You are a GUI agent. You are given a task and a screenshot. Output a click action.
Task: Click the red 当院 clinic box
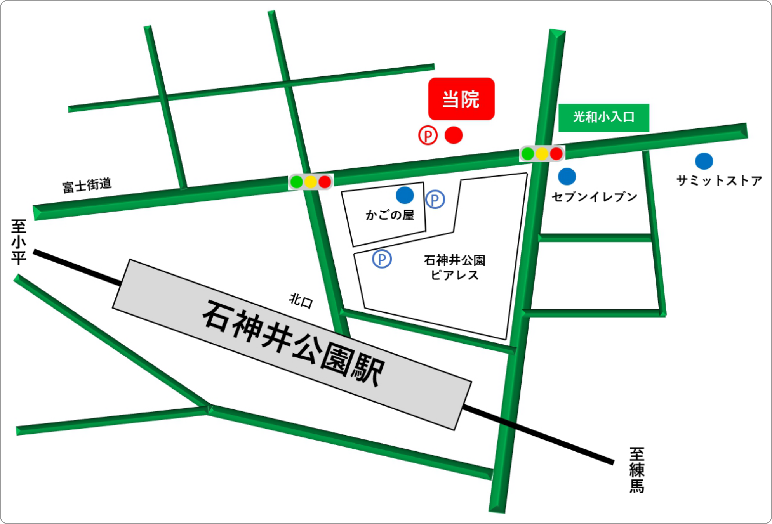pyautogui.click(x=461, y=99)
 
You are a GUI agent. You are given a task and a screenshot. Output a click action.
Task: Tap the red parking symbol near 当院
pyautogui.click(x=428, y=135)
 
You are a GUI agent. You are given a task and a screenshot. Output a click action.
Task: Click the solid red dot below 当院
pyautogui.click(x=453, y=135)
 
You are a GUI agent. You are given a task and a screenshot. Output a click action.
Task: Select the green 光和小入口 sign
pyautogui.click(x=603, y=117)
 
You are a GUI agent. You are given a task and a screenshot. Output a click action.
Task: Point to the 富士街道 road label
pyautogui.click(x=87, y=185)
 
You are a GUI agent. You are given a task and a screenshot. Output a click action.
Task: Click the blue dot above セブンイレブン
pyautogui.click(x=567, y=177)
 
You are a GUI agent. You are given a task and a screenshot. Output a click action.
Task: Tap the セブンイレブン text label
pyautogui.click(x=595, y=197)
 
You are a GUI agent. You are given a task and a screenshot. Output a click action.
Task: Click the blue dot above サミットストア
pyautogui.click(x=704, y=161)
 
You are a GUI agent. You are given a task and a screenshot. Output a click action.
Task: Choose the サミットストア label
pyautogui.click(x=719, y=180)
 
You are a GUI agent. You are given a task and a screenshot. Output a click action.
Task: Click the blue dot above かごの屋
pyautogui.click(x=405, y=195)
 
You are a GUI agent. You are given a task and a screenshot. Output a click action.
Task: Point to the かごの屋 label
pyautogui.click(x=390, y=215)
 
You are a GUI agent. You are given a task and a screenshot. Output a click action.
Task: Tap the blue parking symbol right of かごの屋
pyautogui.click(x=435, y=200)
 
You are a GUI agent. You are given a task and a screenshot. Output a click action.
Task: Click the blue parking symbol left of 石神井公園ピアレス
pyautogui.click(x=382, y=259)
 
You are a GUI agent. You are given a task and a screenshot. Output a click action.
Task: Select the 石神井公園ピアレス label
pyautogui.click(x=454, y=267)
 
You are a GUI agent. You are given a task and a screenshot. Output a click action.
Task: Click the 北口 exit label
pyautogui.click(x=301, y=301)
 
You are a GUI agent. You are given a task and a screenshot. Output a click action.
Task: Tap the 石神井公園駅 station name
pyautogui.click(x=294, y=343)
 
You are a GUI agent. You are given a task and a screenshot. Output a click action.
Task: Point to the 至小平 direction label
pyautogui.click(x=19, y=242)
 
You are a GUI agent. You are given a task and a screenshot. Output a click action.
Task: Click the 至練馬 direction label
pyautogui.click(x=636, y=470)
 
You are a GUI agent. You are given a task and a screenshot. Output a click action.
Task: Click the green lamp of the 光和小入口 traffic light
pyautogui.click(x=528, y=154)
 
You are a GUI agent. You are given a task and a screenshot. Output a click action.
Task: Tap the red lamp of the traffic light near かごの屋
pyautogui.click(x=325, y=181)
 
